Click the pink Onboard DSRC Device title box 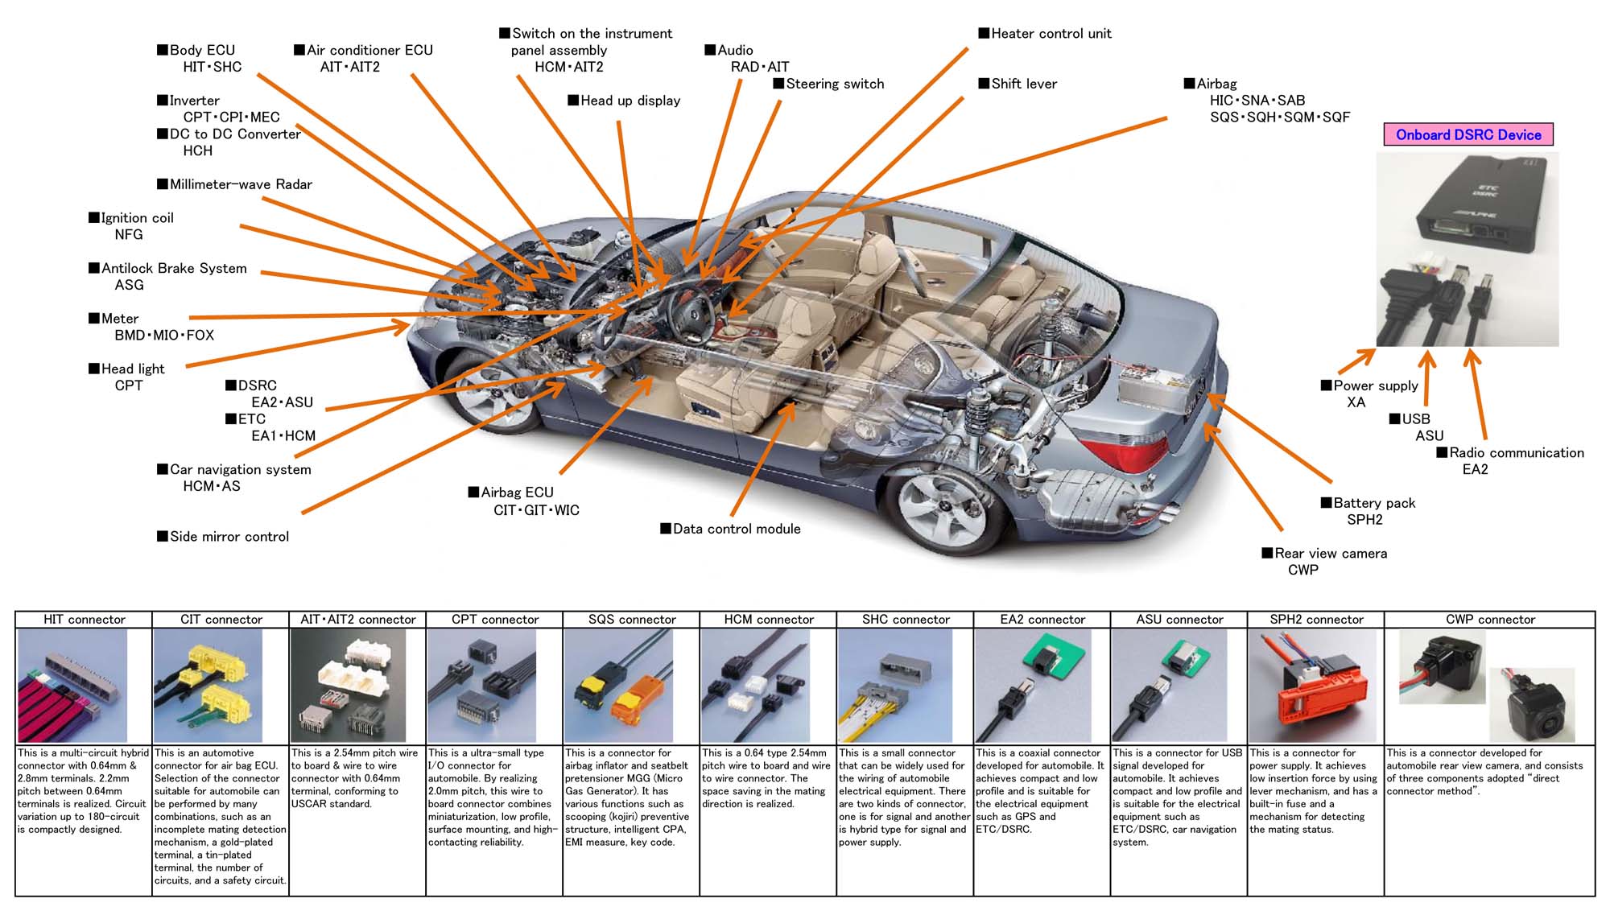tap(1468, 134)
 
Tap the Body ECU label tap(202, 50)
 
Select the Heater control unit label tap(1051, 34)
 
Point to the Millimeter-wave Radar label tap(240, 184)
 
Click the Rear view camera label tap(1330, 554)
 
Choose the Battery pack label tap(1373, 503)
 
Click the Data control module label tap(736, 529)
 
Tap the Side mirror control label tap(229, 537)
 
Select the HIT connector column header tap(84, 620)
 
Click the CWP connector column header tap(1490, 620)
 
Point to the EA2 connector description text tap(1042, 791)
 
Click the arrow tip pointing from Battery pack tap(1210, 396)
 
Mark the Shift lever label tap(1023, 84)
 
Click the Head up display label tap(630, 101)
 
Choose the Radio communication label tap(1516, 453)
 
